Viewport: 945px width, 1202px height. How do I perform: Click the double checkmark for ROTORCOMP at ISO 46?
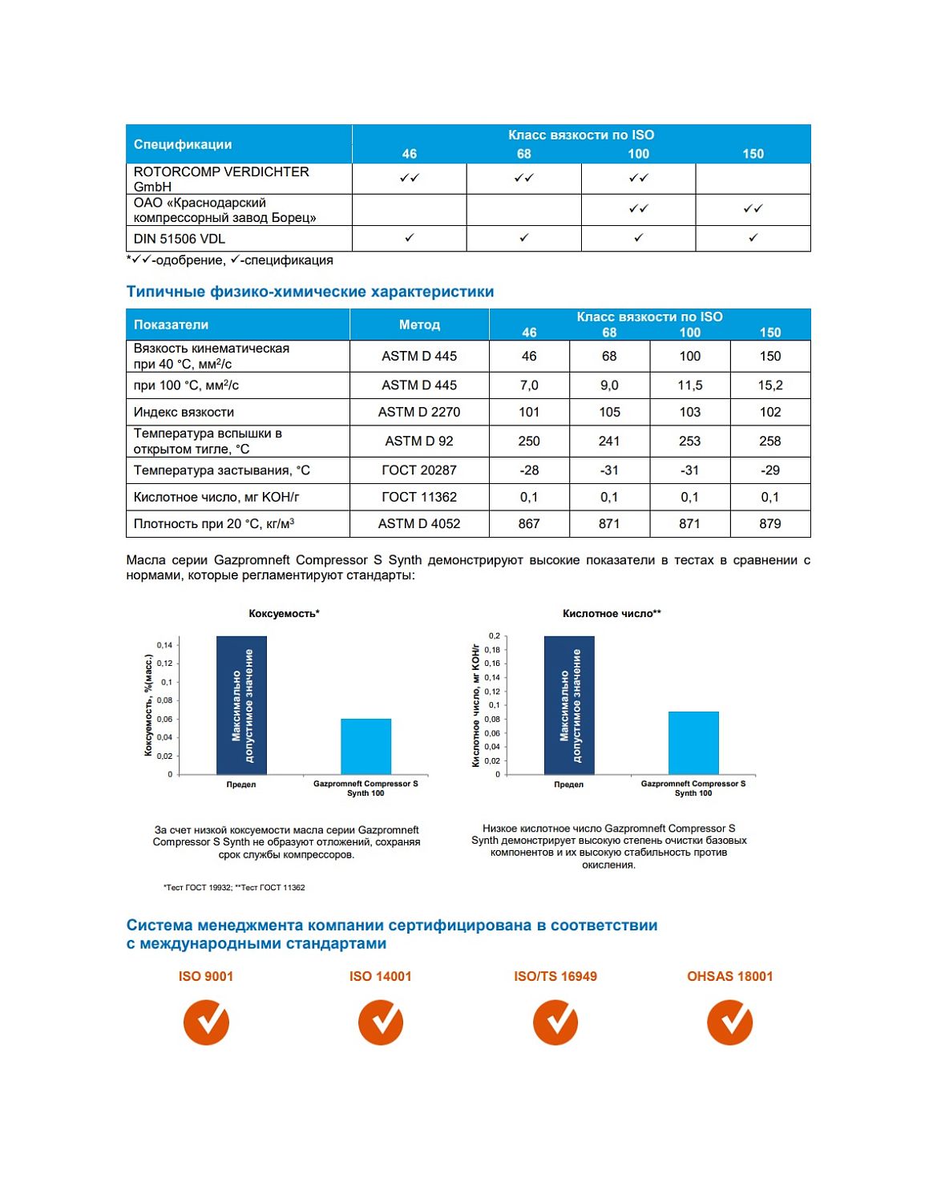[x=409, y=178]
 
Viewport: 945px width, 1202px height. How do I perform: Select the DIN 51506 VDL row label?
[x=180, y=239]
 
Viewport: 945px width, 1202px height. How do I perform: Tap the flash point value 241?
[x=609, y=441]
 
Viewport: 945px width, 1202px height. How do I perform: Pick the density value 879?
[x=769, y=523]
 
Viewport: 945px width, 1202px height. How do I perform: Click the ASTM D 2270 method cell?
[x=419, y=412]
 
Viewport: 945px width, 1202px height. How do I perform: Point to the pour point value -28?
[x=529, y=470]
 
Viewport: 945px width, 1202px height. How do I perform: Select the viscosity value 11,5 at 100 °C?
[x=689, y=385]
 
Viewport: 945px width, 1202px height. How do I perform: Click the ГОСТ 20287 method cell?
[x=419, y=470]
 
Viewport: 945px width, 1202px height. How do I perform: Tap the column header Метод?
[x=419, y=325]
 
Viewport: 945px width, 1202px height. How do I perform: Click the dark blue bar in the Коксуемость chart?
[x=241, y=705]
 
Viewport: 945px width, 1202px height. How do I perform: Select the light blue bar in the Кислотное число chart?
[x=693, y=743]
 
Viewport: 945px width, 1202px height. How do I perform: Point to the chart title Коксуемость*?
[x=284, y=614]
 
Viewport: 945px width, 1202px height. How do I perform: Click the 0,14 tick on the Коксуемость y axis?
[x=165, y=645]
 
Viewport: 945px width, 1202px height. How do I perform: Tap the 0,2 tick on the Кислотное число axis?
[x=494, y=636]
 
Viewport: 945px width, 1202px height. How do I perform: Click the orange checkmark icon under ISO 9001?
[x=206, y=1023]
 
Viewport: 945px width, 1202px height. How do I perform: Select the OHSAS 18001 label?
[x=729, y=976]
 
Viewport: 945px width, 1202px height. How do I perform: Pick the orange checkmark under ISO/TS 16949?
[x=555, y=1023]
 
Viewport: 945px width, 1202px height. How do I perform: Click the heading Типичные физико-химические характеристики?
[x=310, y=292]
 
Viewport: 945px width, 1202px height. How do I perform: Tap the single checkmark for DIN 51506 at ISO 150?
[x=753, y=238]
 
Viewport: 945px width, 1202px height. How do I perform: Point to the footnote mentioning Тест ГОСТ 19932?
[x=234, y=887]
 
